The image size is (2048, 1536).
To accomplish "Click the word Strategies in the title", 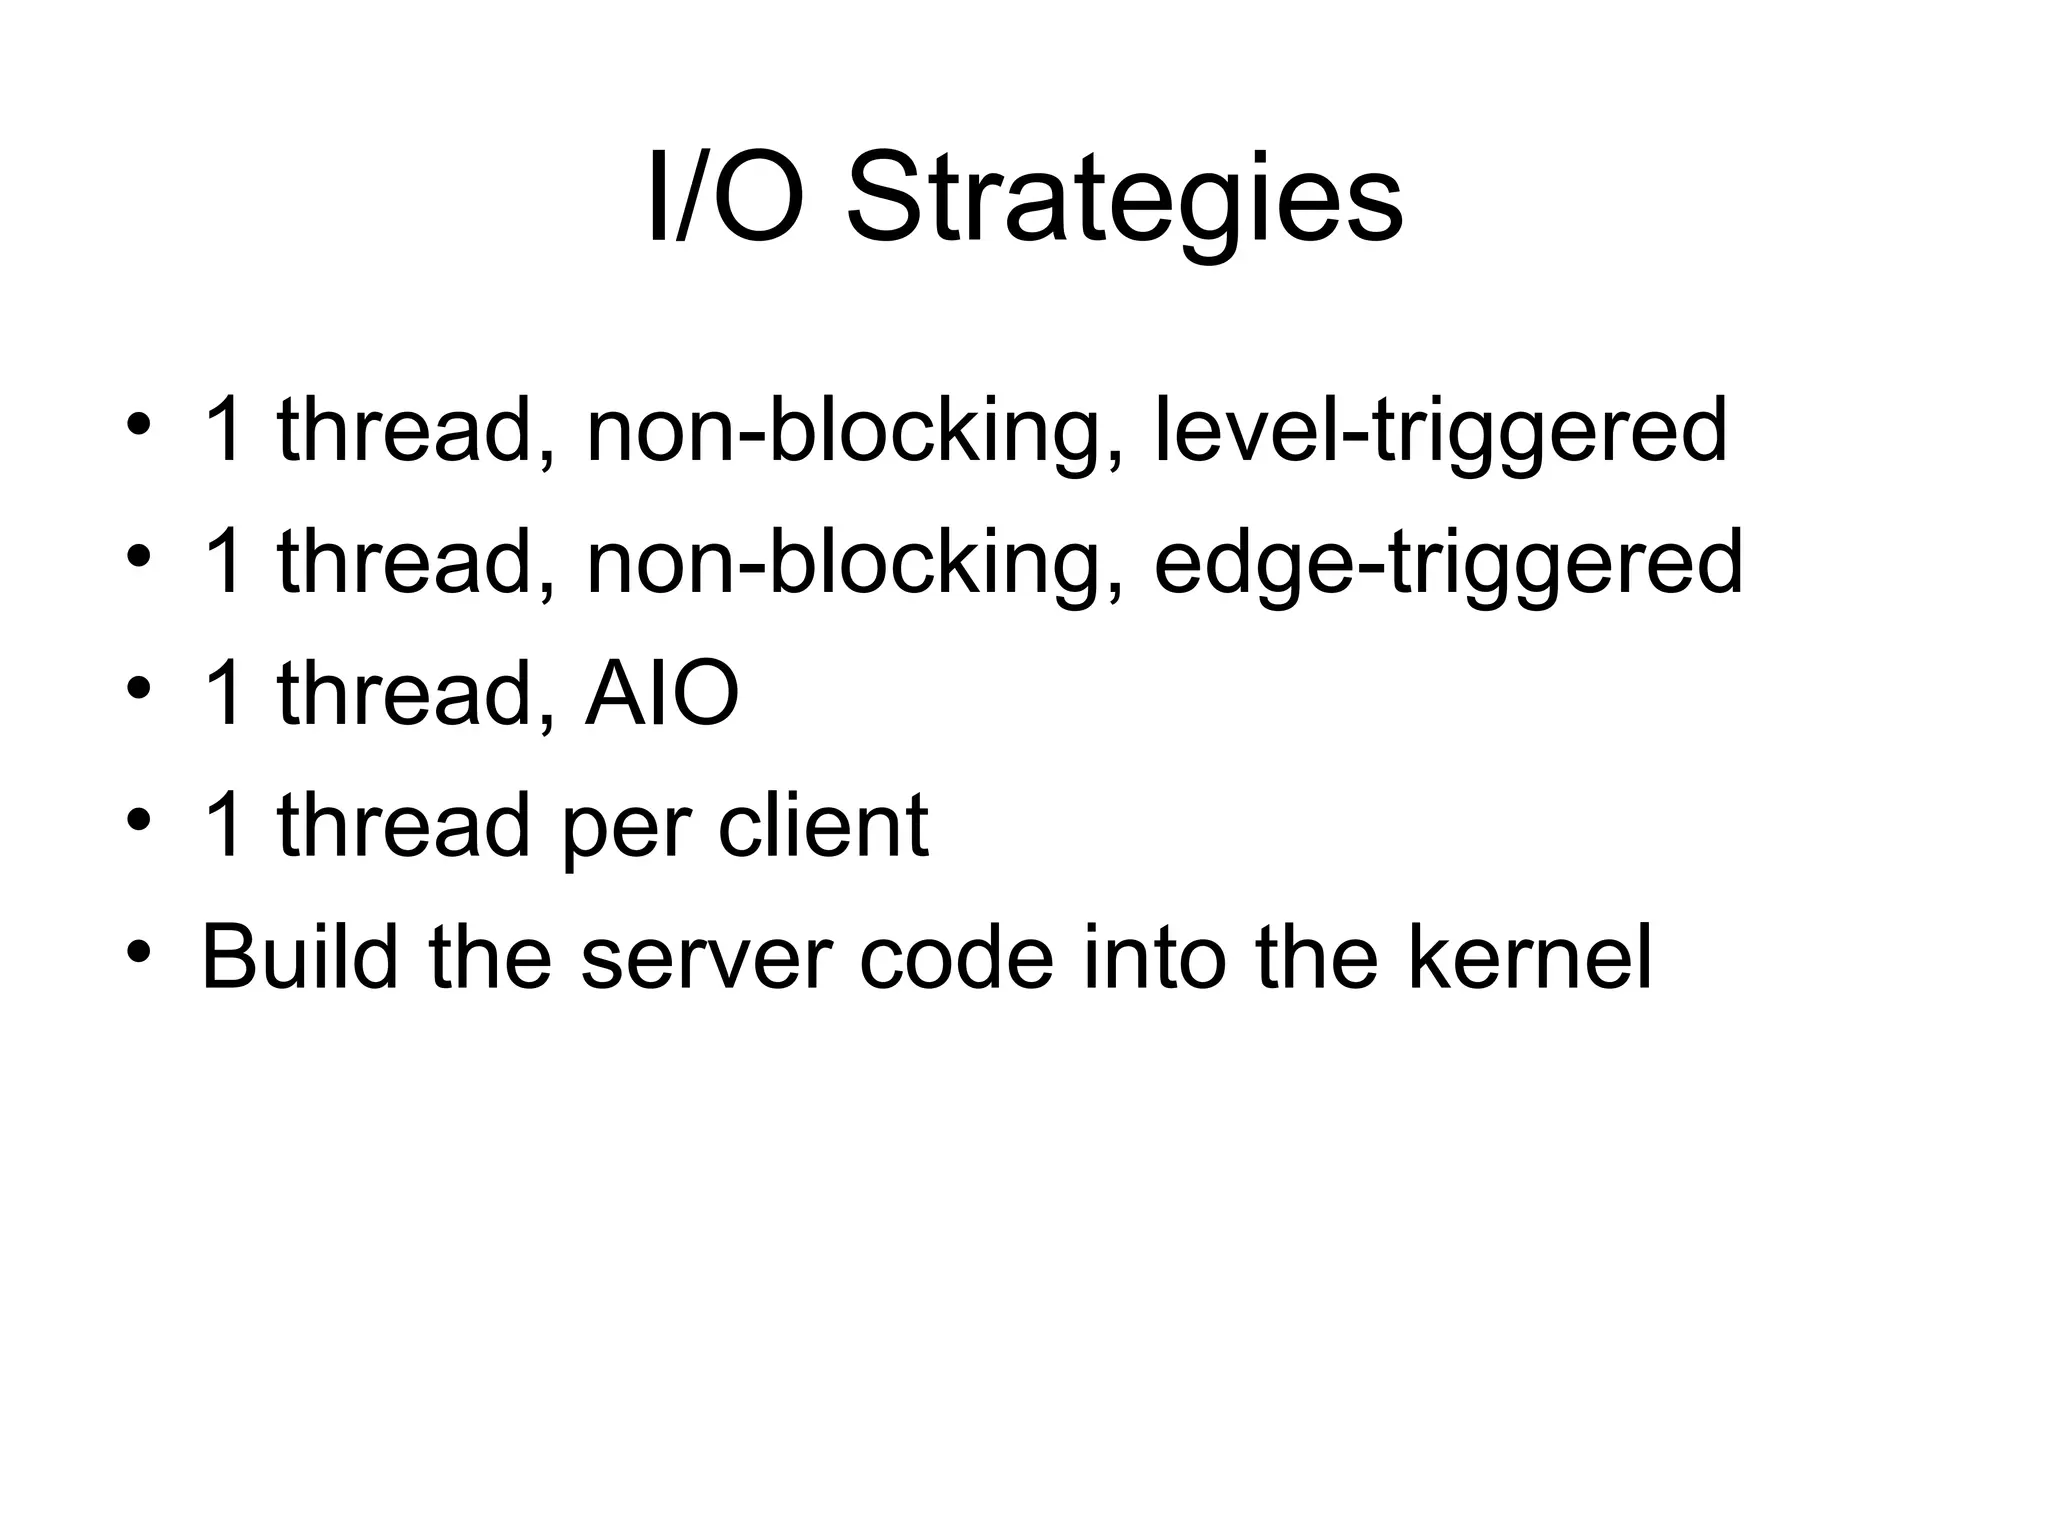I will (1124, 200).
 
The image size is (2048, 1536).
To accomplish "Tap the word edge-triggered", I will (1448, 562).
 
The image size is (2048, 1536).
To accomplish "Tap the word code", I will (956, 957).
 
